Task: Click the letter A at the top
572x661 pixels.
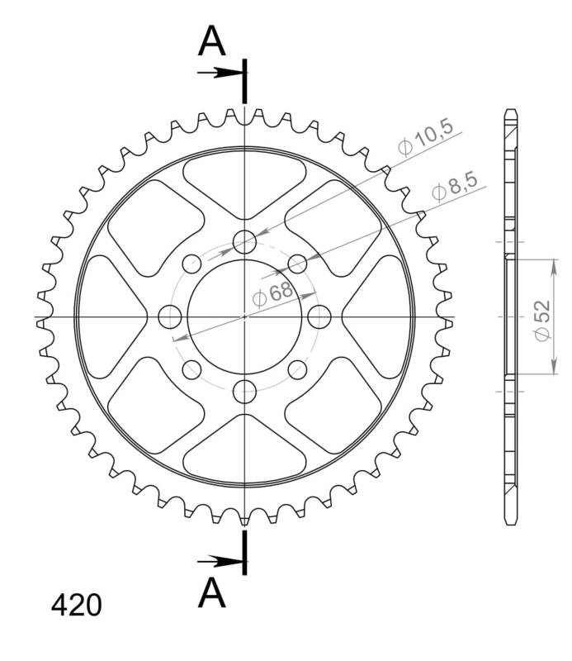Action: pos(212,41)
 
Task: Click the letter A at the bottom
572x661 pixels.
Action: pos(212,592)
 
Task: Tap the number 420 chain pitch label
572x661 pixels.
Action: pos(77,606)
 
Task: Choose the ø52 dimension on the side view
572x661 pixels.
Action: pos(541,318)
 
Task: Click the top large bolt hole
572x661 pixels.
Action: pos(245,241)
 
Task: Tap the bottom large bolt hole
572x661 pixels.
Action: pos(245,392)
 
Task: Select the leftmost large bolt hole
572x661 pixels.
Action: pos(170,316)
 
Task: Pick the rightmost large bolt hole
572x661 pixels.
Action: pos(319,316)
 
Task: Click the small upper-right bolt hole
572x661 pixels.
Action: pos(298,264)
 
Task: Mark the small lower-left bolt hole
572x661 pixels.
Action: pos(192,369)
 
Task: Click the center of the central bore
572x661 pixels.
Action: pos(245,316)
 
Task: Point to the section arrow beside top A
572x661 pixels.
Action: pos(219,73)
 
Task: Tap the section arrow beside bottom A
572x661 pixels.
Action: pos(219,562)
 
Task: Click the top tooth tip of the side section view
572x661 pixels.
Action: pos(509,113)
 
